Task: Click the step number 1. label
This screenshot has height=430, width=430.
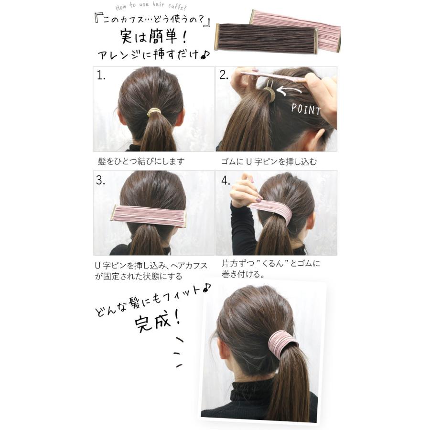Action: (101, 75)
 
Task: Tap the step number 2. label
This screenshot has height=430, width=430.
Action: (224, 75)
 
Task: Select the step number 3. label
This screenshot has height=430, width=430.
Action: (101, 181)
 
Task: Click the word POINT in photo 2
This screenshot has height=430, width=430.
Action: (306, 109)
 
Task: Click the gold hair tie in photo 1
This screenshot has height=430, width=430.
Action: (154, 112)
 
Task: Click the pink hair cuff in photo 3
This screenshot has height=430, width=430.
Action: (149, 216)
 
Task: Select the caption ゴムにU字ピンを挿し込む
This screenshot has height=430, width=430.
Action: (269, 161)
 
